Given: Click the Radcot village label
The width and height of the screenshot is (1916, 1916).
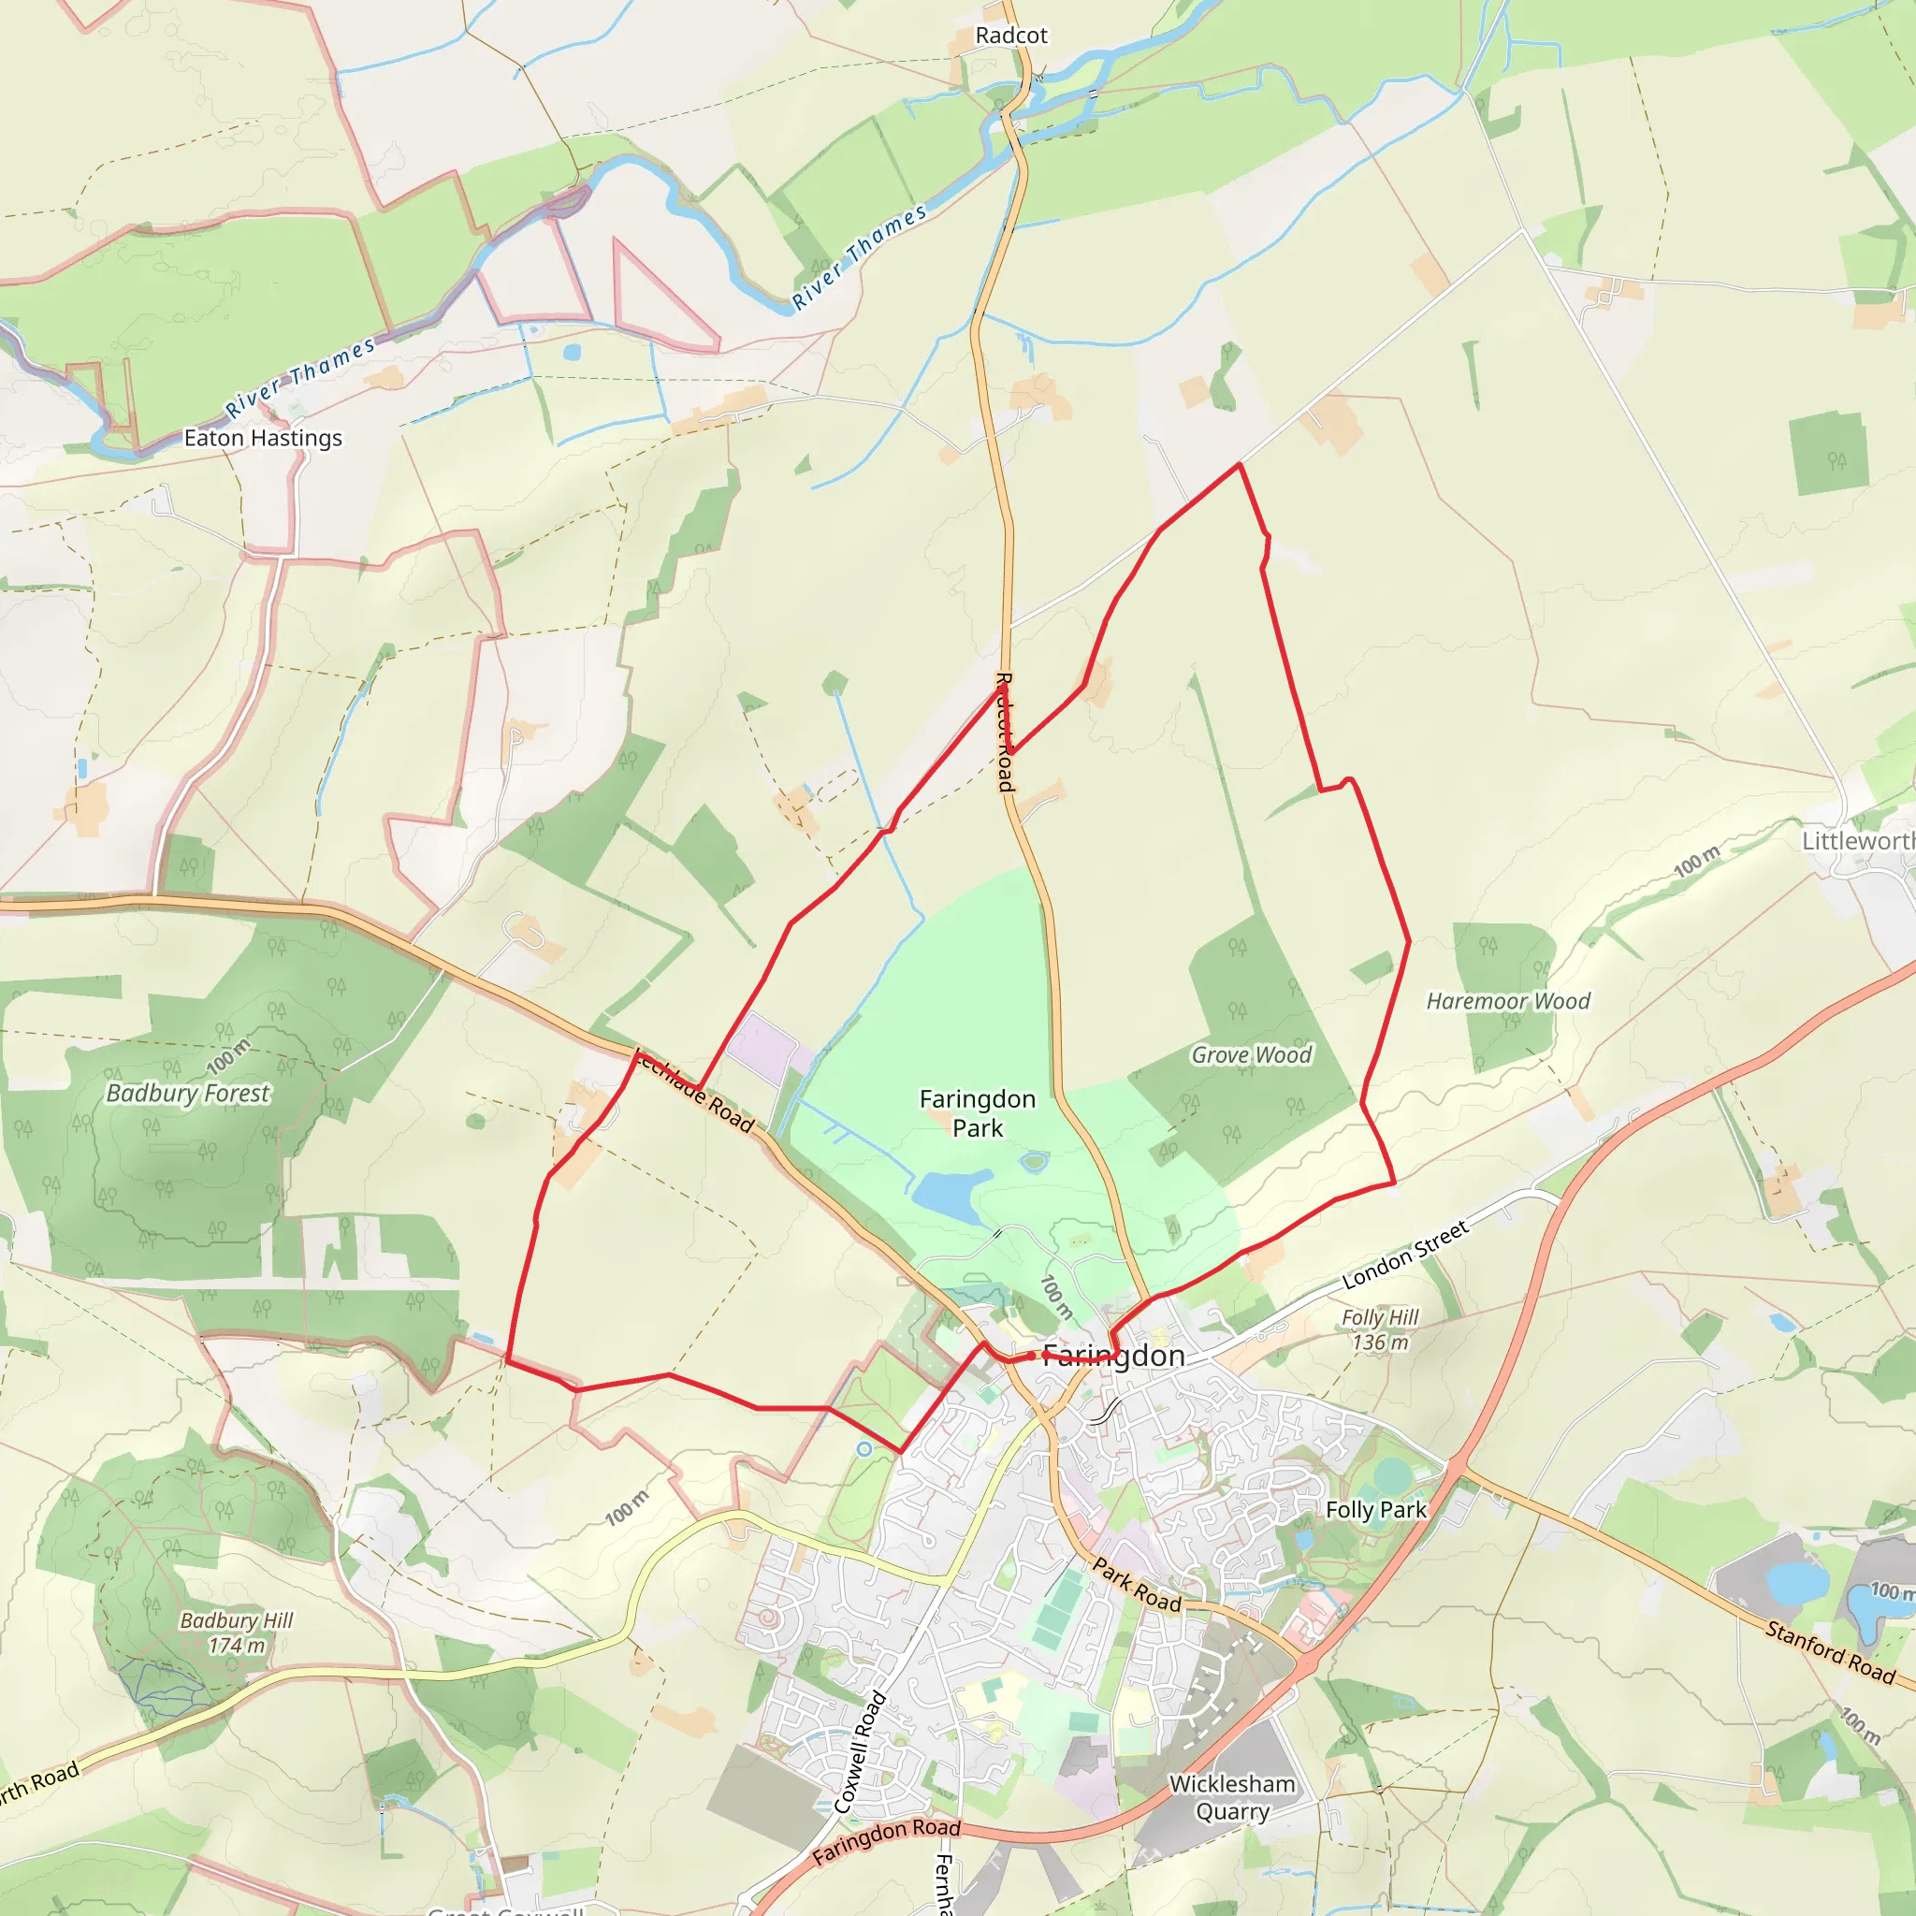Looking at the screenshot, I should [x=1010, y=36].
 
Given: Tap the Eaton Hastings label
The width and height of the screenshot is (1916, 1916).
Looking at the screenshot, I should [x=263, y=439].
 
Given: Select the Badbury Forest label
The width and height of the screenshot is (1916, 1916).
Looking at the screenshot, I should [x=187, y=1093].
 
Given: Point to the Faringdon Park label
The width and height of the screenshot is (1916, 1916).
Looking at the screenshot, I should [x=977, y=1112].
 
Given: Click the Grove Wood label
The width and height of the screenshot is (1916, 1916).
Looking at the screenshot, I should [x=1251, y=1055].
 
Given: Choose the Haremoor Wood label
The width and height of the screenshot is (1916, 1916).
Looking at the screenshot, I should [x=1507, y=1002].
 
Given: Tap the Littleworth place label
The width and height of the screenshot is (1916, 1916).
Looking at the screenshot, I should [x=1857, y=841].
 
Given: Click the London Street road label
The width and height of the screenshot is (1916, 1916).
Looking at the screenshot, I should [x=1404, y=1256].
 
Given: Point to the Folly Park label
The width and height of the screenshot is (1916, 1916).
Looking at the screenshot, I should [x=1375, y=1509].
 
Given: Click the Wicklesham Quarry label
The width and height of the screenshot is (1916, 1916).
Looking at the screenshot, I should [x=1232, y=1797].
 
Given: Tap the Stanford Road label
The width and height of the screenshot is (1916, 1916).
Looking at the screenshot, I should [x=1830, y=1651].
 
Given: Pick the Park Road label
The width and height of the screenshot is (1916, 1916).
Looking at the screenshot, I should [x=1137, y=1585].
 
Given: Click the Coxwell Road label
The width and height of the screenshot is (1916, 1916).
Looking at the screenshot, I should [x=859, y=1753].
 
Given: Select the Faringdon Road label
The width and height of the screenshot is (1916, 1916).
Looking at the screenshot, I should [x=886, y=1840].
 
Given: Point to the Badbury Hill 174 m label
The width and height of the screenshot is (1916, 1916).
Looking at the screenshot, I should [x=236, y=1633].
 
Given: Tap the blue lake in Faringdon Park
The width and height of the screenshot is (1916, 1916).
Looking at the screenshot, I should [x=948, y=1195].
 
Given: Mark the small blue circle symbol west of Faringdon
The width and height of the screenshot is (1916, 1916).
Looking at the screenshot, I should [x=864, y=1449].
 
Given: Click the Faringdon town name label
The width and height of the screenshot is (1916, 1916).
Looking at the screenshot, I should [x=1114, y=1356].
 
